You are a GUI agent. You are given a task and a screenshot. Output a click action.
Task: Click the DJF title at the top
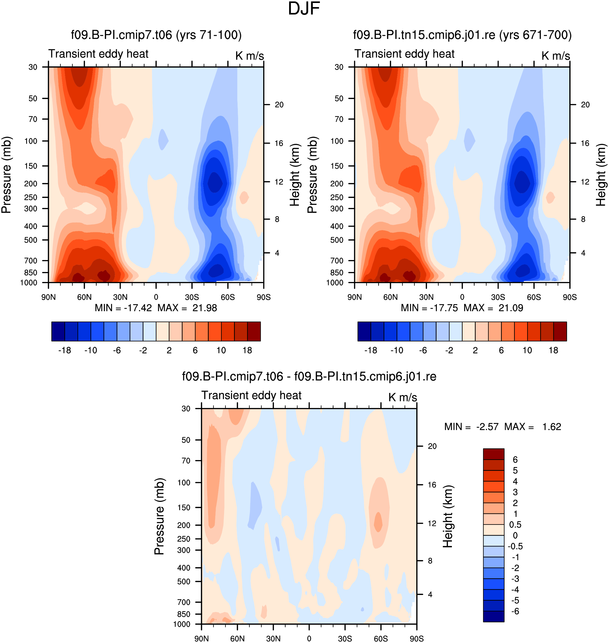(304, 9)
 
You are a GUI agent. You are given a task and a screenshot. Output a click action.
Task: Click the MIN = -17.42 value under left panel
(123, 308)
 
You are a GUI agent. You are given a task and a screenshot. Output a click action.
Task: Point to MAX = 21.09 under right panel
(493, 308)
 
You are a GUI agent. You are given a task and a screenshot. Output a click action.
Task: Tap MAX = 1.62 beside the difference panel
(533, 427)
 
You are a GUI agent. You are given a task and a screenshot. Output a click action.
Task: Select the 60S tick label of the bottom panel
(381, 638)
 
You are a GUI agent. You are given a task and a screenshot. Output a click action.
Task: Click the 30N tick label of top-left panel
(120, 297)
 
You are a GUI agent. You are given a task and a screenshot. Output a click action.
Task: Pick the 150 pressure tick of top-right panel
(337, 166)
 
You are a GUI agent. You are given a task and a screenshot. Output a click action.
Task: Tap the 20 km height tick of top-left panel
(279, 105)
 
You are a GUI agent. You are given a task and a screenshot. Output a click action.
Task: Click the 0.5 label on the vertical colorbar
(515, 525)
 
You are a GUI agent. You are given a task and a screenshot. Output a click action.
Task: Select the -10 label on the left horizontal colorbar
(91, 351)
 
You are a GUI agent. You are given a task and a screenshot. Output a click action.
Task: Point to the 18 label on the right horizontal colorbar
(553, 351)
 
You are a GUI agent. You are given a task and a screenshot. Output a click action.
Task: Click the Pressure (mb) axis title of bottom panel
(159, 516)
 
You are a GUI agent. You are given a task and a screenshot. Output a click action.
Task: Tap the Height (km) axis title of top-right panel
(601, 175)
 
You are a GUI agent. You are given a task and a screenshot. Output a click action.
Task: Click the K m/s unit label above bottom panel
(402, 397)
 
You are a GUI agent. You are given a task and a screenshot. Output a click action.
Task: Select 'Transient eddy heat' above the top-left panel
(98, 54)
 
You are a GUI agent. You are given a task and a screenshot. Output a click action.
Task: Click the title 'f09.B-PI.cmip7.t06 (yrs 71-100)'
(156, 35)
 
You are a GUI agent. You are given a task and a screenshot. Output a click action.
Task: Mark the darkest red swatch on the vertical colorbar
(493, 454)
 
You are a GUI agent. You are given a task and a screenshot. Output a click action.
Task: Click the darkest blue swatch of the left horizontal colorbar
(58, 331)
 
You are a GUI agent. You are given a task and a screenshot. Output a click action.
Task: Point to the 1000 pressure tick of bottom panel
(182, 624)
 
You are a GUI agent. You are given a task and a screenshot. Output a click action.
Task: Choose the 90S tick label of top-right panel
(570, 297)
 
